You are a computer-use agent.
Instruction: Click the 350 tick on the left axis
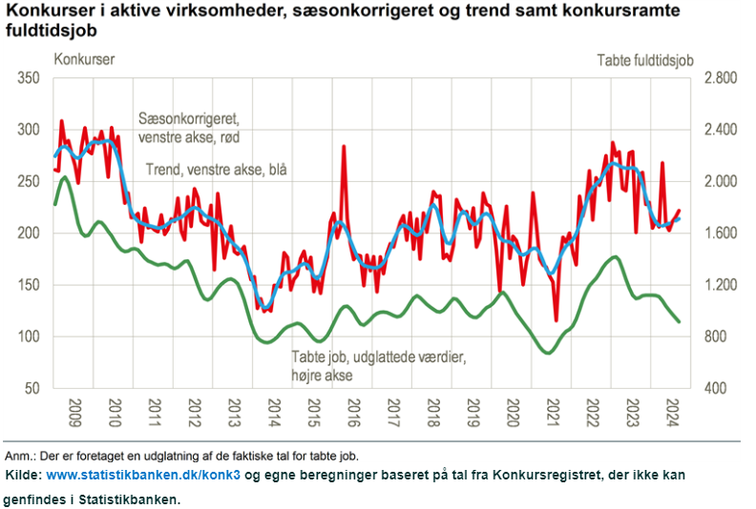31,78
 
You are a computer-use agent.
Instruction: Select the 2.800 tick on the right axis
722,78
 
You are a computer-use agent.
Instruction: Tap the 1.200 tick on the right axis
722,285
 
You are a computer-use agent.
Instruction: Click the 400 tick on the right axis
717,389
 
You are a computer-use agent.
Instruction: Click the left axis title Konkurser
84,59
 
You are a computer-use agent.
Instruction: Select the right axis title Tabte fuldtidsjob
644,60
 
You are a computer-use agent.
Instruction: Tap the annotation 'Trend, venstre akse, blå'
217,170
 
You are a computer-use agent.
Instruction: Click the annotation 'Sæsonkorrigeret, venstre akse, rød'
189,129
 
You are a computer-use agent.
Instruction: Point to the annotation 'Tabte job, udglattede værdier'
378,357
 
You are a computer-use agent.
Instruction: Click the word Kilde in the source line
23,474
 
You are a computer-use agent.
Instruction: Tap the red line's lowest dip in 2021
556,320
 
